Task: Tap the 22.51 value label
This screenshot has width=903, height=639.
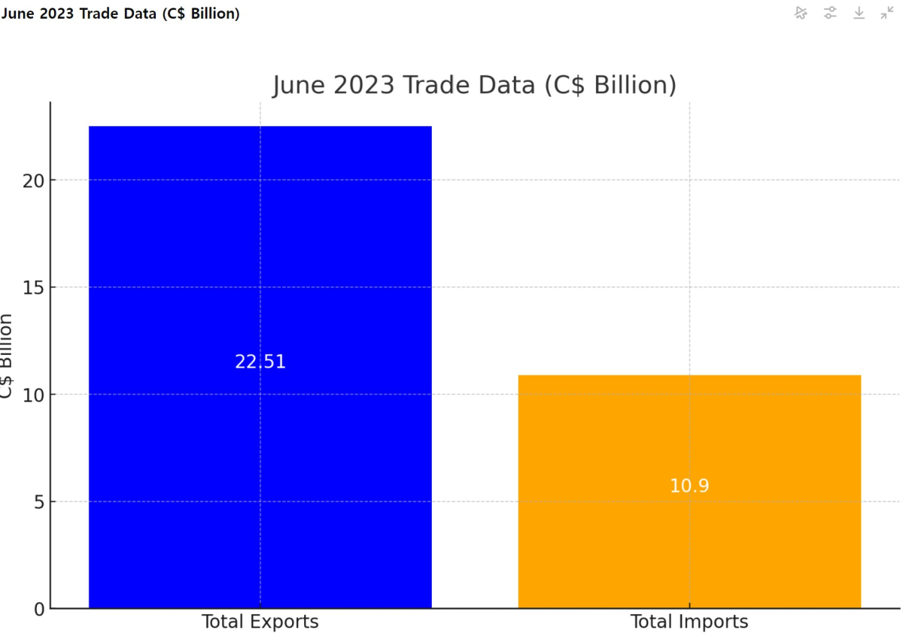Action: coord(260,362)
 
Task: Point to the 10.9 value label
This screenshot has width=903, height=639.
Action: coord(689,486)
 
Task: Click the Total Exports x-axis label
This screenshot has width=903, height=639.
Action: coord(260,622)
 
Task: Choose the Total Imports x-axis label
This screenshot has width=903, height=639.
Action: coord(689,622)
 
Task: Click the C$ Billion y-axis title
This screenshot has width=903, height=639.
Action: coord(7,357)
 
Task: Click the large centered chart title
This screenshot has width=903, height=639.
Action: coord(474,85)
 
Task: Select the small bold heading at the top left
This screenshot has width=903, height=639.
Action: coord(120,14)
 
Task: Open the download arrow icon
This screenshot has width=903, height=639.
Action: coord(859,13)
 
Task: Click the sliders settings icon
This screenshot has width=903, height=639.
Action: coord(830,13)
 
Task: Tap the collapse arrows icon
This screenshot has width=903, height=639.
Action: coord(887,13)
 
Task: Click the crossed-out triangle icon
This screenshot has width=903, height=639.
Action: coord(801,13)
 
